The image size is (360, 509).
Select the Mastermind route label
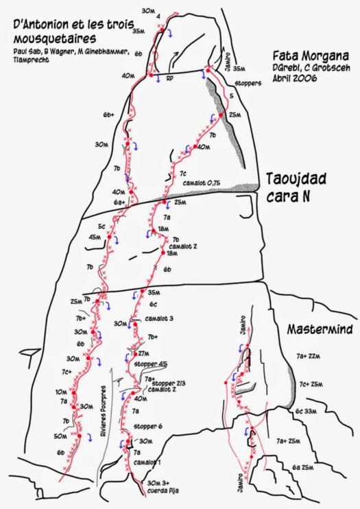click(x=319, y=329)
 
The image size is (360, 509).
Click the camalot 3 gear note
click(x=159, y=318)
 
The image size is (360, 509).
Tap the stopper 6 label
click(x=148, y=427)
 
